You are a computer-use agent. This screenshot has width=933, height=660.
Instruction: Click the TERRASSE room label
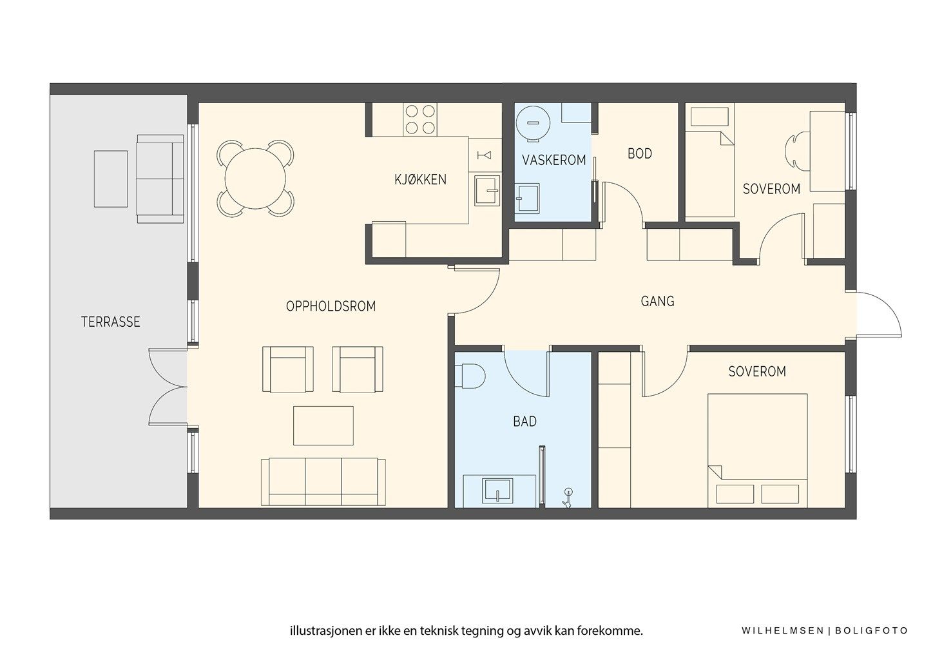pyautogui.click(x=110, y=322)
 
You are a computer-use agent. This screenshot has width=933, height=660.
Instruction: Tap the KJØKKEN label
pyautogui.click(x=420, y=180)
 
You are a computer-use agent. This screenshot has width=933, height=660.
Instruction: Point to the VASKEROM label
pyautogui.click(x=553, y=160)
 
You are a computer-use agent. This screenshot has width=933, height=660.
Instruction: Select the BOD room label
pyautogui.click(x=640, y=154)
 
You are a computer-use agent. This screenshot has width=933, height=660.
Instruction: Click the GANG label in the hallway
pyautogui.click(x=657, y=301)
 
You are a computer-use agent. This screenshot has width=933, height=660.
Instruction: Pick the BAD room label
pyautogui.click(x=524, y=422)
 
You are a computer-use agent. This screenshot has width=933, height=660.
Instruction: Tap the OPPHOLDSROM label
pyautogui.click(x=331, y=306)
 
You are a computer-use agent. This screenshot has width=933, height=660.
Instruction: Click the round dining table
pyautogui.click(x=255, y=179)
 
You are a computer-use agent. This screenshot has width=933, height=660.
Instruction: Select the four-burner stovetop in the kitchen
pyautogui.click(x=420, y=120)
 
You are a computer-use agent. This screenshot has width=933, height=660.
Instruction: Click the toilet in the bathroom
pyautogui.click(x=470, y=376)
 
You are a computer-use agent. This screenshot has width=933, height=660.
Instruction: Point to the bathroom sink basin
pyautogui.click(x=497, y=490)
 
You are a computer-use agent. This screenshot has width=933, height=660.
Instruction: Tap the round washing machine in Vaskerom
pyautogui.click(x=533, y=123)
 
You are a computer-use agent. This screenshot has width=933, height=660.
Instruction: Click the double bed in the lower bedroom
pyautogui.click(x=757, y=451)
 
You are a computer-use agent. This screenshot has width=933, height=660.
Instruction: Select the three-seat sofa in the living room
pyautogui.click(x=323, y=482)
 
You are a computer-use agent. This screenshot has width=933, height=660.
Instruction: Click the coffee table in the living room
pyautogui.click(x=323, y=426)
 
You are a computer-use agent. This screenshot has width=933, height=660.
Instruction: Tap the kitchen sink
pyautogui.click(x=487, y=190)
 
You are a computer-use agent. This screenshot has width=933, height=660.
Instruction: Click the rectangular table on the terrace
pyautogui.click(x=111, y=179)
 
